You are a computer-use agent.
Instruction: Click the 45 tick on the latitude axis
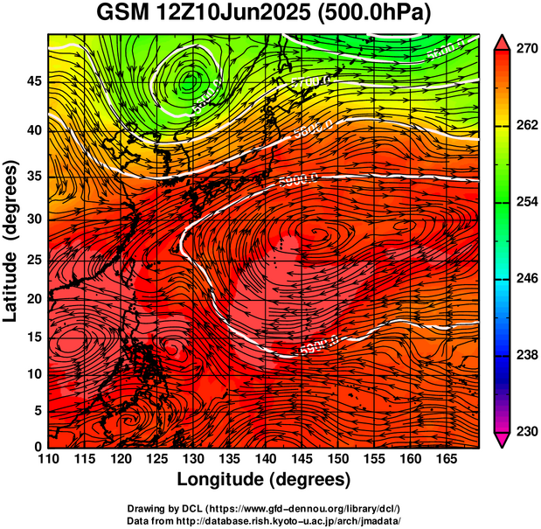(33, 82)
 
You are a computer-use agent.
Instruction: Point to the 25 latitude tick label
(33, 261)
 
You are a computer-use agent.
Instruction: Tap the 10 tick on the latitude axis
(33, 373)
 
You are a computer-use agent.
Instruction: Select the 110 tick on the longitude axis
(48, 459)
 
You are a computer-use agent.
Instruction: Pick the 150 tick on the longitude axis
(336, 459)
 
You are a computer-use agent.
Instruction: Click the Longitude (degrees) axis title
(264, 479)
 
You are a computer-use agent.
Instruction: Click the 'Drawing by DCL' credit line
(264, 508)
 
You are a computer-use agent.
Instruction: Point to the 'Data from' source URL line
(264, 519)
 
